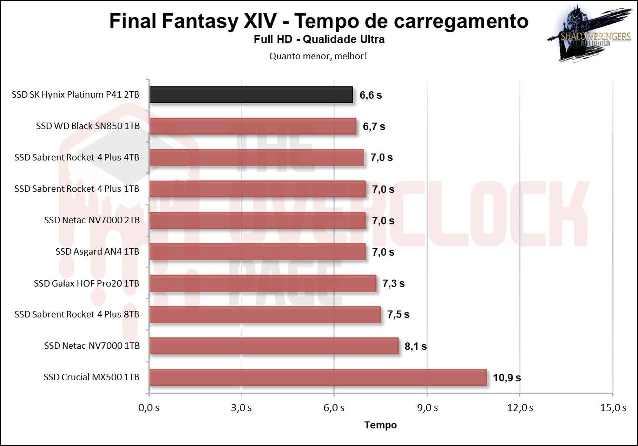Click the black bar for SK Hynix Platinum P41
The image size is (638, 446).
(x=251, y=95)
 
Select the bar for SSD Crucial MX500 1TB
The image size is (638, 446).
(x=318, y=377)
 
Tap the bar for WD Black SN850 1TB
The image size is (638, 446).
(x=252, y=126)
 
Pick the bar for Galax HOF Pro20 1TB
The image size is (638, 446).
(x=262, y=283)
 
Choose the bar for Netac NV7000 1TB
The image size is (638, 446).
(x=273, y=346)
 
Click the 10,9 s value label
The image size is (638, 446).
(x=507, y=378)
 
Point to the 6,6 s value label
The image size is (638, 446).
(x=370, y=95)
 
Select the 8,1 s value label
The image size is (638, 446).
(x=415, y=346)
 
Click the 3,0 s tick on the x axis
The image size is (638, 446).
(x=241, y=408)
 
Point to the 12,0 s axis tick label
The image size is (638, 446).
(x=520, y=408)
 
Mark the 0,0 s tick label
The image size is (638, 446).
(x=149, y=408)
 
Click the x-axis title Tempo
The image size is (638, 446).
(x=381, y=425)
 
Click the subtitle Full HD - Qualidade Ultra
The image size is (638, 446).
(x=319, y=39)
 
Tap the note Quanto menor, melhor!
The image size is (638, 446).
(x=319, y=56)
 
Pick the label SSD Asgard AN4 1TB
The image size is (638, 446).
(x=97, y=252)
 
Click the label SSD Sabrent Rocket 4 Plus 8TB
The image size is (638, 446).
(x=77, y=314)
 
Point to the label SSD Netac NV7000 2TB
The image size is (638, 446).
(x=92, y=220)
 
